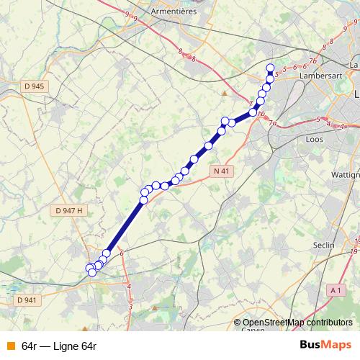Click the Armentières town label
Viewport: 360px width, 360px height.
coord(176,12)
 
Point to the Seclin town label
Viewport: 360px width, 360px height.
coord(324,245)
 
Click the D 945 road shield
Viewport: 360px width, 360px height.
coord(33,86)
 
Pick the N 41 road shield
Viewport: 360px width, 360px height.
coord(222,171)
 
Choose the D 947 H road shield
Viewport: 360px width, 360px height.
coord(69,210)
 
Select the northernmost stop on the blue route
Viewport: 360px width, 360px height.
coord(271,68)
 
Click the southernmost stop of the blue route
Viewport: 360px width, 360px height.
coord(92,272)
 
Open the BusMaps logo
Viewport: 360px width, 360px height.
coord(325,346)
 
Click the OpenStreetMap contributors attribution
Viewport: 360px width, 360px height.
coord(297,323)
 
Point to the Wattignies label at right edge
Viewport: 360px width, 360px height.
coord(348,175)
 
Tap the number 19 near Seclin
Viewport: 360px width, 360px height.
coord(355,252)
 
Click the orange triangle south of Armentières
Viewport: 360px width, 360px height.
coord(225,93)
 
